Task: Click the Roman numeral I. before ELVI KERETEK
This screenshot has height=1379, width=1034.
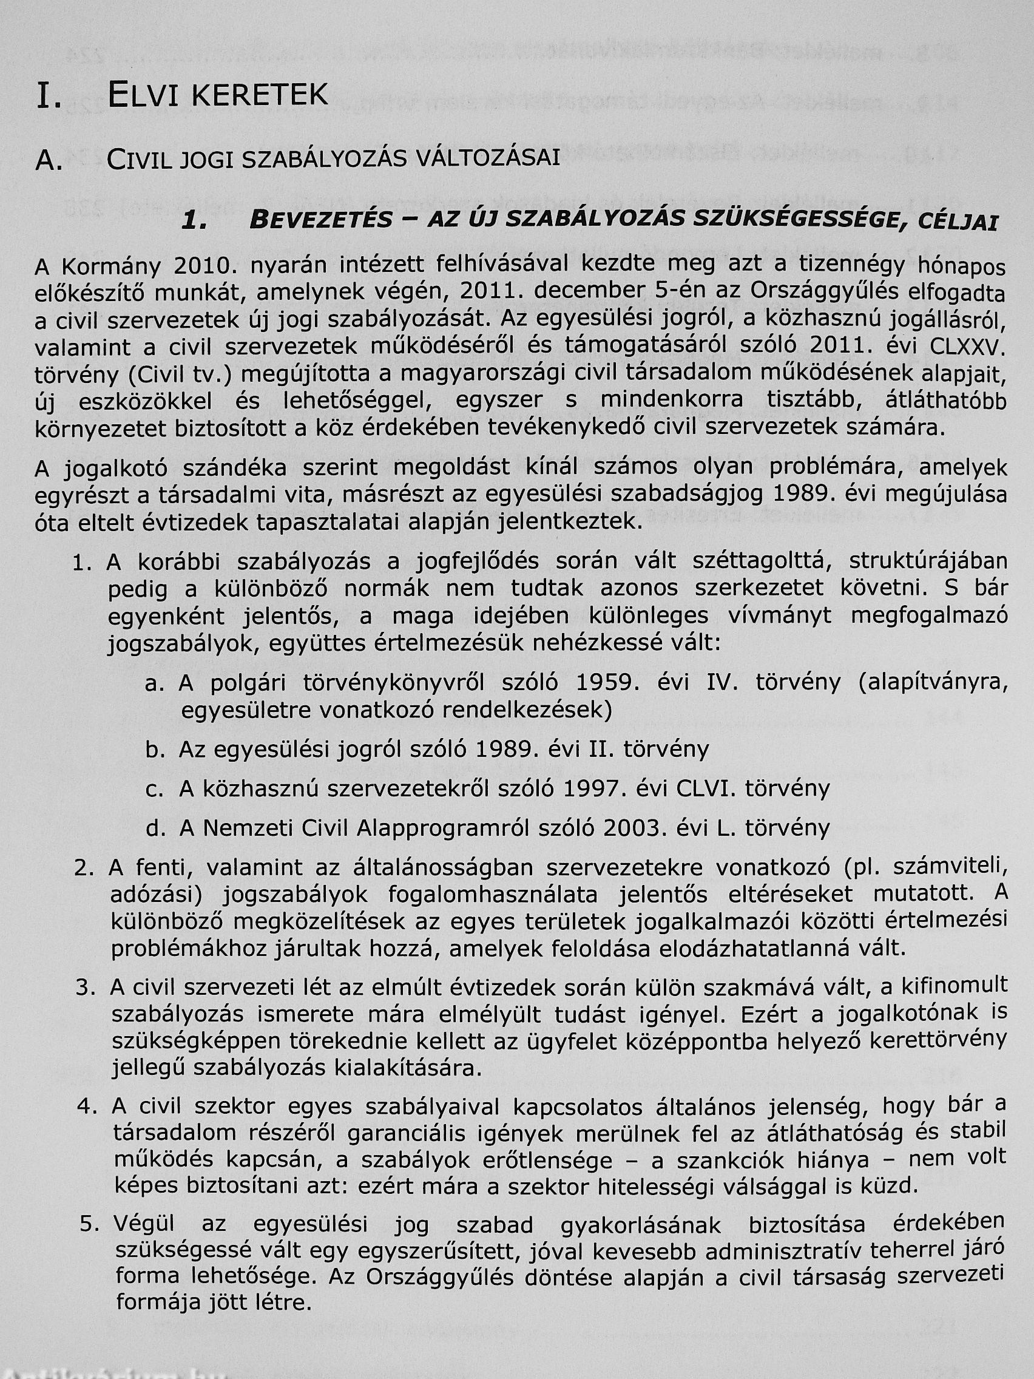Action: tap(49, 95)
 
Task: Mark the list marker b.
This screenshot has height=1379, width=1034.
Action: tap(154, 750)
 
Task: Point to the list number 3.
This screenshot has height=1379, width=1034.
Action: tap(84, 988)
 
